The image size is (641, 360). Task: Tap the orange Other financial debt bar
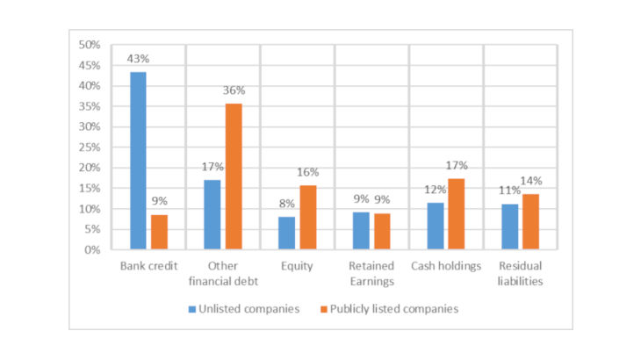click(x=234, y=176)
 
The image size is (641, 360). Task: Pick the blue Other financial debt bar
click(x=212, y=215)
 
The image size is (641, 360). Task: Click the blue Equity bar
click(x=286, y=234)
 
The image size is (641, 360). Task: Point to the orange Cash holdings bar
click(x=457, y=214)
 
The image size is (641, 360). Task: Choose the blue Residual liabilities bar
click(x=510, y=227)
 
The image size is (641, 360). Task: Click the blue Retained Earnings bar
click(x=361, y=231)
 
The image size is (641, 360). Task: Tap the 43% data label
click(x=138, y=60)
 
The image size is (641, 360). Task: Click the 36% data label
click(x=234, y=90)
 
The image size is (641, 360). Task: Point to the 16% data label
click(x=308, y=172)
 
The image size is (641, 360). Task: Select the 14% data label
click(x=532, y=181)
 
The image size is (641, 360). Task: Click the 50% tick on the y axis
click(x=90, y=45)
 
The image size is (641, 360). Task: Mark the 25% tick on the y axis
click(x=90, y=148)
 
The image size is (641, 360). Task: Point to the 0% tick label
click(x=93, y=250)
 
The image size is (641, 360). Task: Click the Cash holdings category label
click(x=447, y=266)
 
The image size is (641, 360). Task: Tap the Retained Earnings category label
click(x=372, y=273)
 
